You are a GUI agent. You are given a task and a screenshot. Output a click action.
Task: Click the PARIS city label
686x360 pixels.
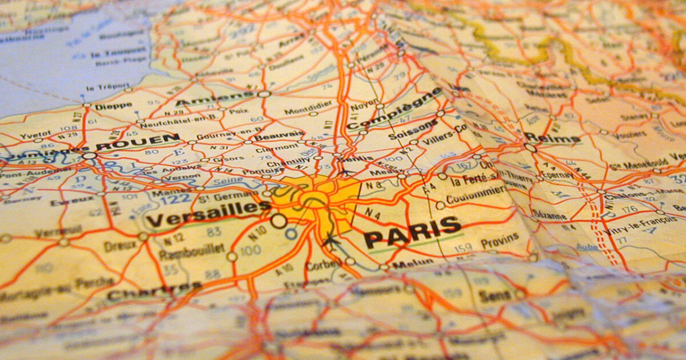tap(413, 232)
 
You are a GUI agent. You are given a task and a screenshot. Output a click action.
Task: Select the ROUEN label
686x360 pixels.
tap(137, 142)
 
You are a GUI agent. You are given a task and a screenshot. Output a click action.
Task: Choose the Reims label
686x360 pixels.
tap(552, 138)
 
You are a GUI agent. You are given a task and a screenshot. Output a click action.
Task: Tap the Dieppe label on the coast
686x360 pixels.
tap(113, 106)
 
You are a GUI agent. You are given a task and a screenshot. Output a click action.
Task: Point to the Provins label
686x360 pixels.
tap(499, 241)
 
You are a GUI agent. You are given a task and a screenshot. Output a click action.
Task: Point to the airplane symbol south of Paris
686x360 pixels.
tap(329, 241)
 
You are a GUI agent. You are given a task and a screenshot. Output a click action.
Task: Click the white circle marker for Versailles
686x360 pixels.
tap(278, 220)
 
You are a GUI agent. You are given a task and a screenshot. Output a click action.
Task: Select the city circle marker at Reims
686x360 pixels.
tap(530, 147)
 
